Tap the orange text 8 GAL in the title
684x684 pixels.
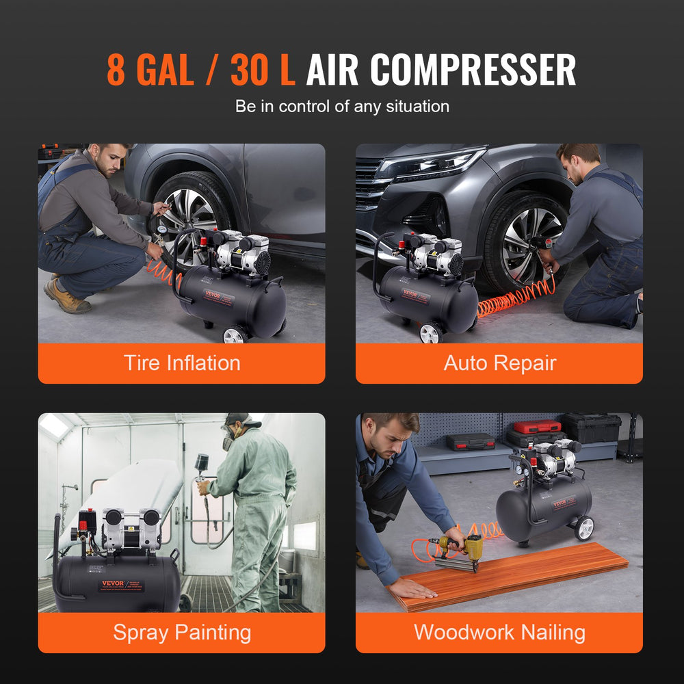point(150,70)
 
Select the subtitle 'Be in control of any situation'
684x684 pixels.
point(342,106)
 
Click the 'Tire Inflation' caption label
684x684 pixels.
point(181,363)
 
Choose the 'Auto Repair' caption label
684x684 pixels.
point(499,363)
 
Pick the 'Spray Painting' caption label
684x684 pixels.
point(181,632)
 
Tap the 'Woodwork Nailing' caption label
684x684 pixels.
point(499,632)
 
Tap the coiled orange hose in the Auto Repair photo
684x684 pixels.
point(513,301)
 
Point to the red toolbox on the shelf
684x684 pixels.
point(537,427)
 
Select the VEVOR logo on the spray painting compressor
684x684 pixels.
point(113,584)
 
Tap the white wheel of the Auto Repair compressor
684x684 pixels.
point(431,333)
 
